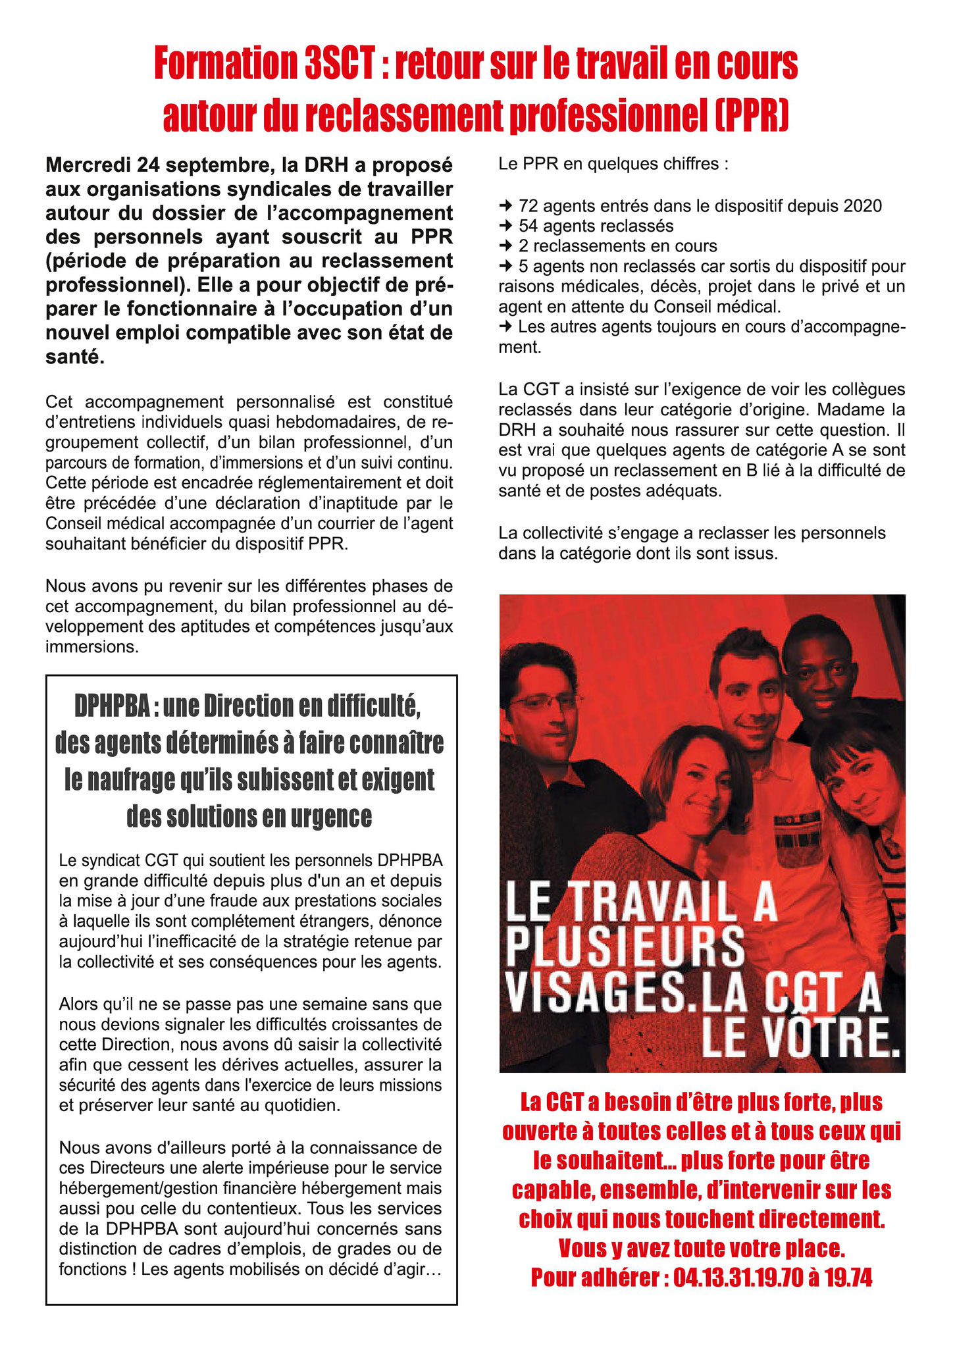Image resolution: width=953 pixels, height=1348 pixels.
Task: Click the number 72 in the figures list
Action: tap(528, 206)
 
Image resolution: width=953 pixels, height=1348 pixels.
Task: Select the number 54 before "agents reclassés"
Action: tap(528, 226)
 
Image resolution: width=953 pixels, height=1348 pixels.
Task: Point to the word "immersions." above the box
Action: tap(92, 647)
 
